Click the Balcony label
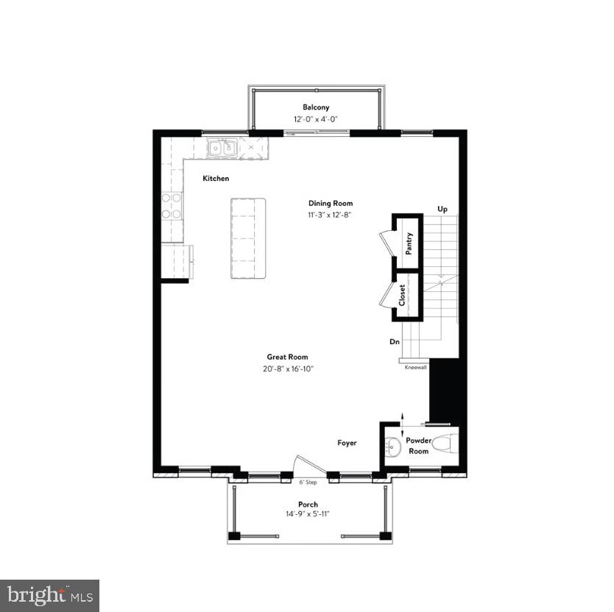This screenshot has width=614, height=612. [316, 107]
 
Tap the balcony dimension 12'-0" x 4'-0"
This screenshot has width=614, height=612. [316, 119]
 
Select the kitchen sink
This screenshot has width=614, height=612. [222, 148]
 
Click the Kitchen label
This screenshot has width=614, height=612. [216, 179]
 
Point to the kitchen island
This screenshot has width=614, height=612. [248, 238]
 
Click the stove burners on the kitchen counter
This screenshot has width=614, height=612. [172, 206]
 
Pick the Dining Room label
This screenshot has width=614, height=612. [331, 204]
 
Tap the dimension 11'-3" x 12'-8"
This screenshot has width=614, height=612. [331, 216]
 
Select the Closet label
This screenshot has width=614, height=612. [403, 295]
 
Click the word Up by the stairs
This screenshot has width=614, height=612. [442, 209]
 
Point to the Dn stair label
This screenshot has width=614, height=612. [395, 342]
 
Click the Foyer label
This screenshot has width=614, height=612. [347, 443]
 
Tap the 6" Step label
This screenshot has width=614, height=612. [307, 483]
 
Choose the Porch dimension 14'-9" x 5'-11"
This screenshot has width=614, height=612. [308, 513]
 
